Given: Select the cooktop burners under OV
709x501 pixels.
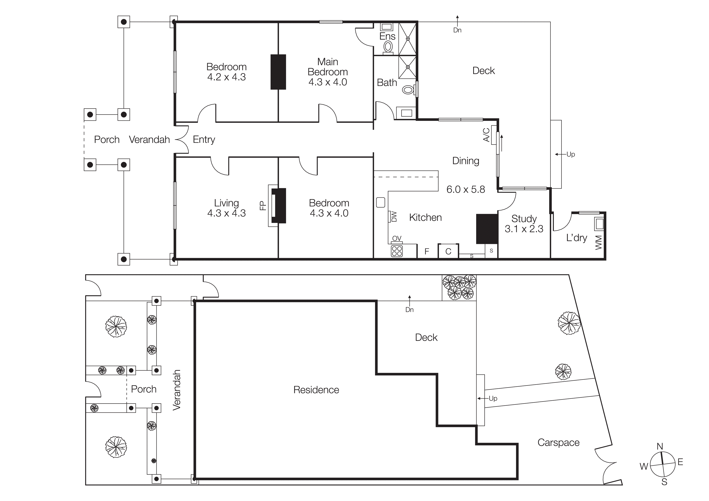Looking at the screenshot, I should pyautogui.click(x=397, y=251).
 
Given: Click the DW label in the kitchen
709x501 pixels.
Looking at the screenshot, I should pyautogui.click(x=394, y=216).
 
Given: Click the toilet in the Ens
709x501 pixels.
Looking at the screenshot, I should pyautogui.click(x=388, y=47).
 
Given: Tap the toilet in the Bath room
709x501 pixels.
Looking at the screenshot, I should pyautogui.click(x=408, y=90).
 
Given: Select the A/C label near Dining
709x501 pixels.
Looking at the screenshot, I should pyautogui.click(x=486, y=135).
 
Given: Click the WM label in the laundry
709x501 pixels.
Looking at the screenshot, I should pyautogui.click(x=598, y=242).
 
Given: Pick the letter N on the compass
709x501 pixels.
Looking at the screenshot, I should pyautogui.click(x=660, y=446).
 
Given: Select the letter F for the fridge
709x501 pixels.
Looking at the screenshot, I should pyautogui.click(x=427, y=252).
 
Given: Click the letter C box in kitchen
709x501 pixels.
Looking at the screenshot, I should pyautogui.click(x=448, y=252).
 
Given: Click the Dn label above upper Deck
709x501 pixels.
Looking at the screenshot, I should pyautogui.click(x=457, y=30).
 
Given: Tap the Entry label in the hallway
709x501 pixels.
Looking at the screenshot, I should pyautogui.click(x=204, y=139).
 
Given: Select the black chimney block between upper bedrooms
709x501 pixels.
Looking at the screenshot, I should pyautogui.click(x=278, y=72).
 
